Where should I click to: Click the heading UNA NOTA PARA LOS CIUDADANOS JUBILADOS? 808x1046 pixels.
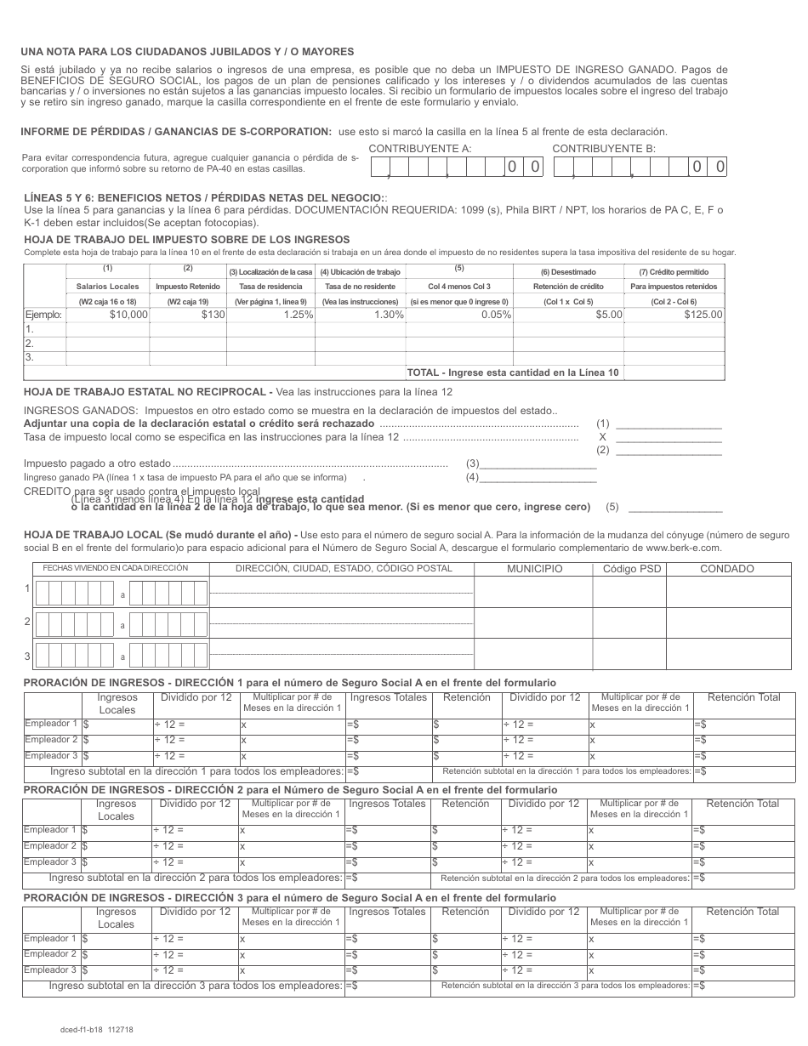tap(187, 52)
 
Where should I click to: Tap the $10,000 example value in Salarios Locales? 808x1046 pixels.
tap(129, 315)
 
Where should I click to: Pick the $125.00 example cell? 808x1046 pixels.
tap(703, 315)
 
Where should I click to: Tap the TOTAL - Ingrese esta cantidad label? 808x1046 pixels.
tap(513, 372)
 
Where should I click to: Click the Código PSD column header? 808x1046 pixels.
tap(629, 569)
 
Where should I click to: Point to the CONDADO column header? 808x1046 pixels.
tap(726, 569)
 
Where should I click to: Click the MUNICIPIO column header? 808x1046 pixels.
tap(534, 569)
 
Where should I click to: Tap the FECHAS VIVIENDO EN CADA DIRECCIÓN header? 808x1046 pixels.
tap(110, 568)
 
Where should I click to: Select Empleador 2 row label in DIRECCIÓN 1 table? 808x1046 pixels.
tap(51, 740)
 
